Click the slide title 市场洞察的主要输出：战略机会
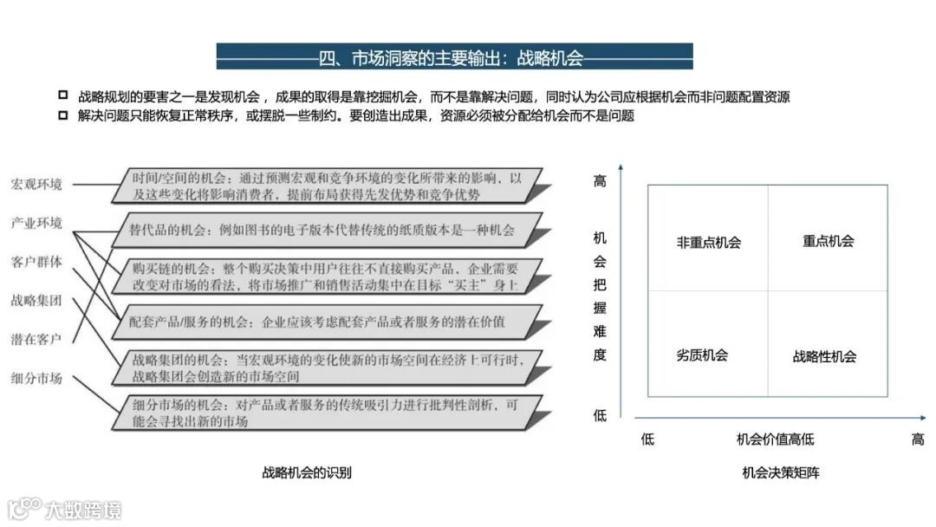point(454,58)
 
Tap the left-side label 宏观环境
point(36,185)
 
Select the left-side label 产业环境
point(36,223)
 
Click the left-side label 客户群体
point(36,262)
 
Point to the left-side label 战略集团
point(36,300)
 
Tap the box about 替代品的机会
point(328,231)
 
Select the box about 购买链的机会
point(328,276)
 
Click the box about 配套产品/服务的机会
point(328,322)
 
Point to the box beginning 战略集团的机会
point(328,368)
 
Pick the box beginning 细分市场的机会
point(328,413)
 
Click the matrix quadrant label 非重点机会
point(709,243)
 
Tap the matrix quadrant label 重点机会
point(828,241)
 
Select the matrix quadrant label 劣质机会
point(702,355)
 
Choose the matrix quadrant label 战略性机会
point(824,356)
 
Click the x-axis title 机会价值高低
point(776,439)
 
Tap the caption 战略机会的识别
point(307,473)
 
